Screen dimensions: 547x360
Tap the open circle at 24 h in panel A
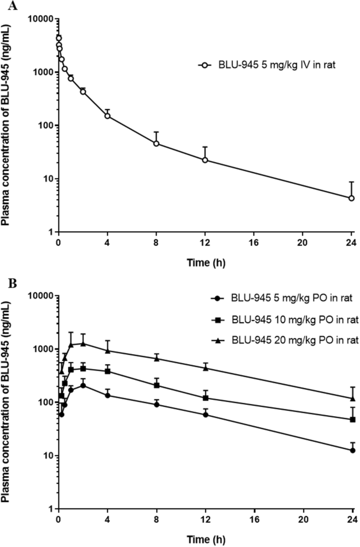pos(352,198)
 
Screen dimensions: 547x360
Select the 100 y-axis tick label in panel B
pos(46,402)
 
